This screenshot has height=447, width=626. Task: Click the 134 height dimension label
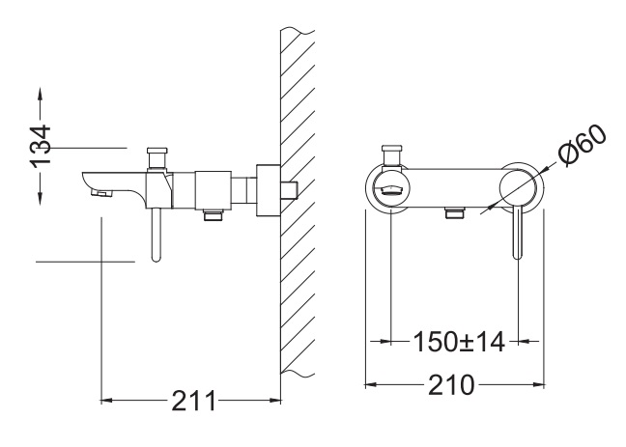coord(41,146)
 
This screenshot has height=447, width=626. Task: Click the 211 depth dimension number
coord(193,401)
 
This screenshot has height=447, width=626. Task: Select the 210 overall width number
coord(451,385)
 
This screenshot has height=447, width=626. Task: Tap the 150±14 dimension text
coord(458,342)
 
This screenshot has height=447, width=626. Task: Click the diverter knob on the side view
coord(157,158)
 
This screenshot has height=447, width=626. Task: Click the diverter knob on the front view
coord(392,156)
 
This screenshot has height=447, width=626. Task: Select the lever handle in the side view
coord(156,235)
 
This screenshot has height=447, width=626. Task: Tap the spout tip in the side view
coord(100,193)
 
